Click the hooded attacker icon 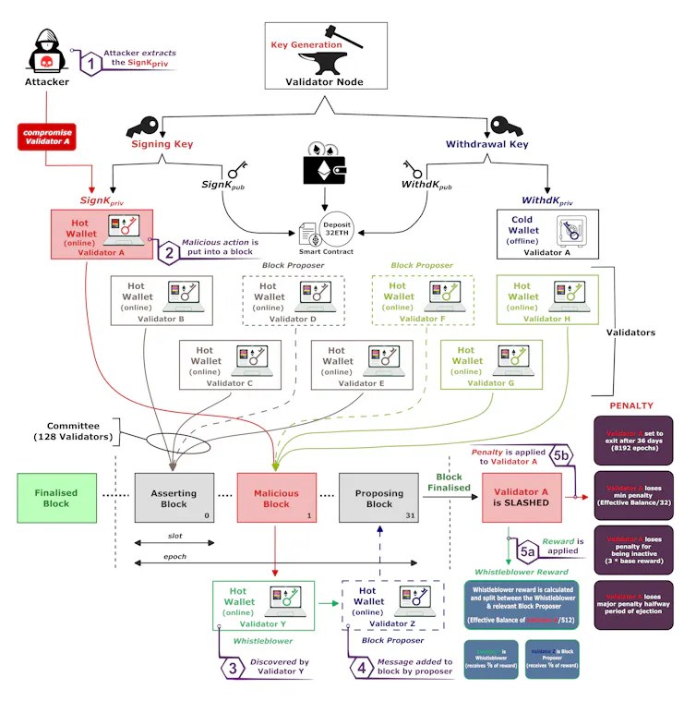(45, 53)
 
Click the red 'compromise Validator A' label (46, 137)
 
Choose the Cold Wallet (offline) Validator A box (547, 233)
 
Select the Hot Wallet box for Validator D (287, 300)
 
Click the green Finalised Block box (56, 499)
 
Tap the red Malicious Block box (276, 499)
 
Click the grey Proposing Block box (379, 499)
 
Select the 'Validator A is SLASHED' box (522, 499)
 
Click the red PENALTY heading (630, 405)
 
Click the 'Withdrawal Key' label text (486, 144)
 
